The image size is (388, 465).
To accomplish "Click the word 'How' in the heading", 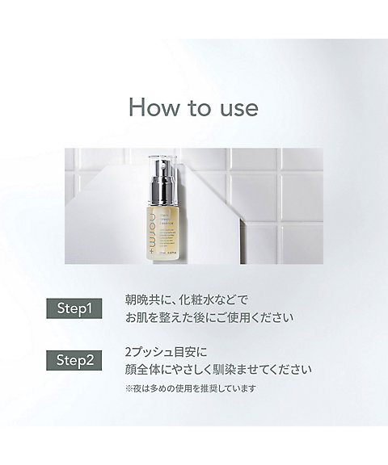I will pyautogui.click(x=151, y=107).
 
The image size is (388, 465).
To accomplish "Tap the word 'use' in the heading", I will pyautogui.click(x=237, y=107).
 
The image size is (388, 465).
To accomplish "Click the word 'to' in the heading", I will pyautogui.click(x=196, y=107).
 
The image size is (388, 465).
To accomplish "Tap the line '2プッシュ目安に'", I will pyautogui.click(x=168, y=352).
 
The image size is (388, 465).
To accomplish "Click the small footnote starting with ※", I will pyautogui.click(x=190, y=388).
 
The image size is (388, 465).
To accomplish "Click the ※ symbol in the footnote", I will pyautogui.click(x=129, y=388).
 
